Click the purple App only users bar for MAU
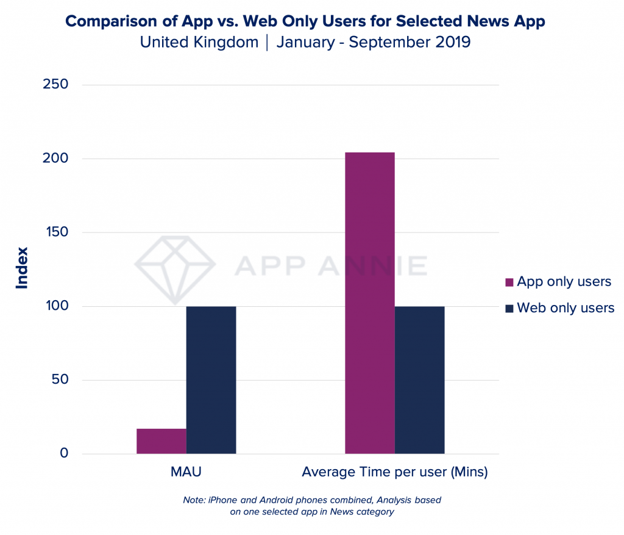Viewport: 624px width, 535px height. click(161, 441)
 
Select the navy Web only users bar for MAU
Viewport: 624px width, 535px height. click(211, 379)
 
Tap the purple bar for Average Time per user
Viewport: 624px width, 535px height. click(370, 303)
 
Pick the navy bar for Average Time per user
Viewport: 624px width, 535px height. click(420, 379)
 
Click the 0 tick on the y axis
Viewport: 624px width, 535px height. click(63, 453)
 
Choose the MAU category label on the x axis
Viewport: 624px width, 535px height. click(186, 472)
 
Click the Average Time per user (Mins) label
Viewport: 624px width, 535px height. click(395, 472)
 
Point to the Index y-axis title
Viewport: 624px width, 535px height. click(23, 267)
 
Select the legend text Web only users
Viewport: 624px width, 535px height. click(565, 308)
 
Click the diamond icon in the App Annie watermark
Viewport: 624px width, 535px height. click(175, 268)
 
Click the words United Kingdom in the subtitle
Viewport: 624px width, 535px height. click(199, 43)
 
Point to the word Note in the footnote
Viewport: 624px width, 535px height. click(194, 500)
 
